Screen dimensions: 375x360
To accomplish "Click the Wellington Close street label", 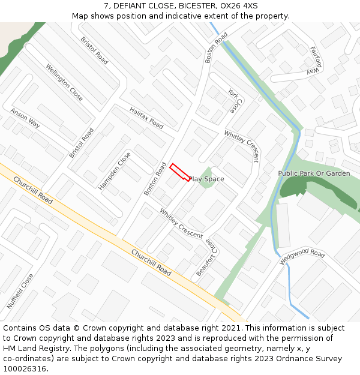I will click(x=64, y=82).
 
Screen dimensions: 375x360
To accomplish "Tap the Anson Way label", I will click(x=25, y=118).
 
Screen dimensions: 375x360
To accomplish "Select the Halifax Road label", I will click(x=146, y=118).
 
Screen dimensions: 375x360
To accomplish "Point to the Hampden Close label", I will click(x=115, y=171).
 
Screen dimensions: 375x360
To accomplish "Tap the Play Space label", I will click(x=206, y=179).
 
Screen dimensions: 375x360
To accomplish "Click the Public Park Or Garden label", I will click(x=314, y=173).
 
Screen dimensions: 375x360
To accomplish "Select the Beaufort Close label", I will click(x=206, y=257).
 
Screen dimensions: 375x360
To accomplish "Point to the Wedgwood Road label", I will click(x=302, y=258).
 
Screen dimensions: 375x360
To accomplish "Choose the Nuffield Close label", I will click(x=20, y=291).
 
